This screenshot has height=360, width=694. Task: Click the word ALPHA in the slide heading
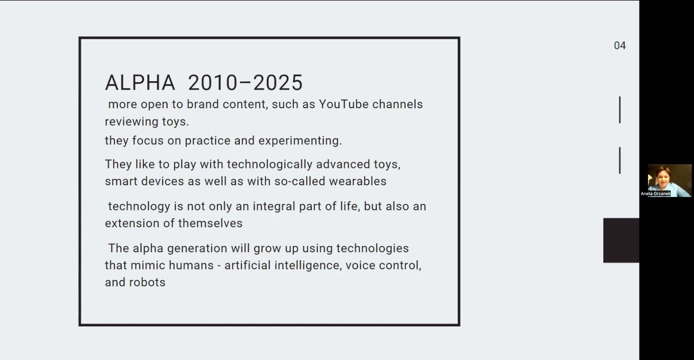(x=140, y=82)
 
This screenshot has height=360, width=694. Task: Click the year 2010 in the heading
(x=212, y=82)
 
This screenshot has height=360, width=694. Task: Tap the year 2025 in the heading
(x=278, y=82)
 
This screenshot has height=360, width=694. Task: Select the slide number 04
(x=620, y=46)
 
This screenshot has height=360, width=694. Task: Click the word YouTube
(x=344, y=104)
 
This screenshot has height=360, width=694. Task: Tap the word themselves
(x=210, y=223)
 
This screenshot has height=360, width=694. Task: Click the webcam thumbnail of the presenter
(x=670, y=180)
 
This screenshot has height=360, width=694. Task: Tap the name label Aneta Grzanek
(x=655, y=194)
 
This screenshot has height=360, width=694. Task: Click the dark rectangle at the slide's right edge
(x=621, y=240)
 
